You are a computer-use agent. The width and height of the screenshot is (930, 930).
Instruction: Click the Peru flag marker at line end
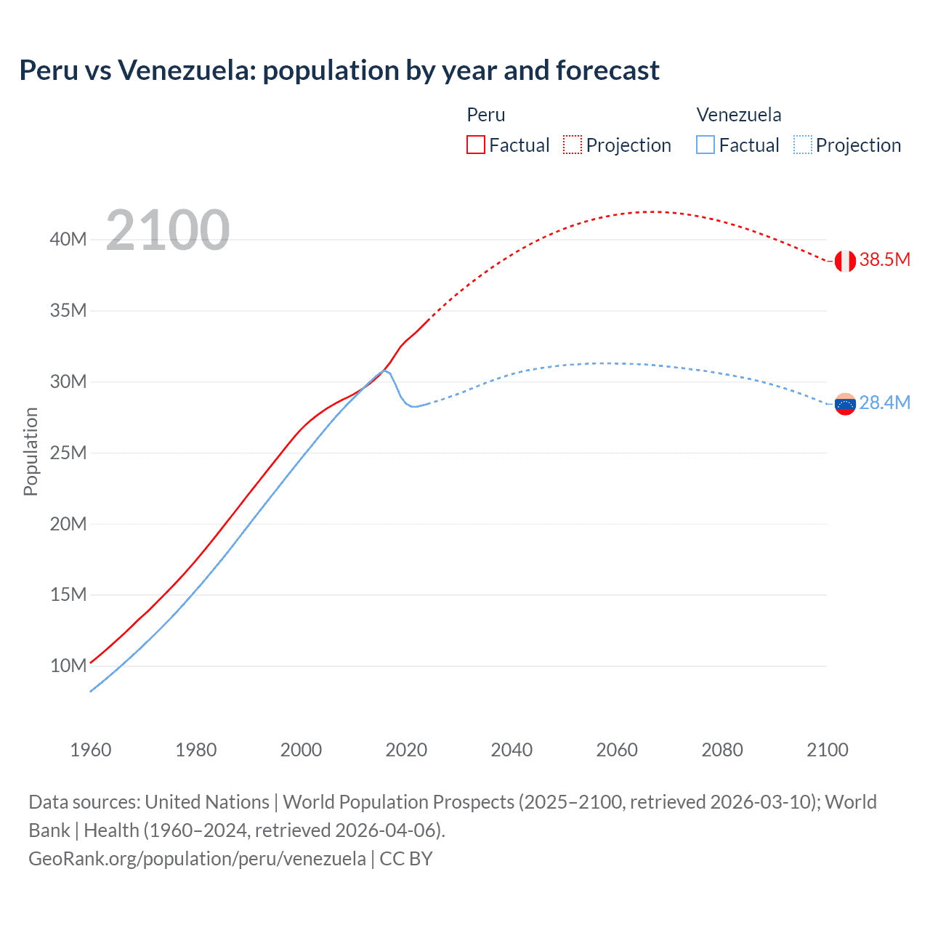[845, 261]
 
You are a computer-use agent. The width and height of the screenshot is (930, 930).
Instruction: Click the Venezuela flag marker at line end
[845, 404]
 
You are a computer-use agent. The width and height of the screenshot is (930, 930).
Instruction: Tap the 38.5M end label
[885, 260]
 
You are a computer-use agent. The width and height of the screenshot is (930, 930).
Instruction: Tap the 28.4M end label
[885, 403]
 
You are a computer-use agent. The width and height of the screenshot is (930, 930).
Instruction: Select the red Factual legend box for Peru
[476, 145]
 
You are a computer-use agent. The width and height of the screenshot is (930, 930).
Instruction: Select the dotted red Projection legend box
[573, 145]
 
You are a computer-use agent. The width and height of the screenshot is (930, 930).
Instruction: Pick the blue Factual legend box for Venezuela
[705, 145]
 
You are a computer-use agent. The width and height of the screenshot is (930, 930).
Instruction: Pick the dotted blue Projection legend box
[802, 145]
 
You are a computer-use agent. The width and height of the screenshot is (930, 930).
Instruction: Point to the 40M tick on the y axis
[68, 240]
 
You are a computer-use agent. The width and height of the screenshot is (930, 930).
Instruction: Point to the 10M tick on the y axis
[68, 666]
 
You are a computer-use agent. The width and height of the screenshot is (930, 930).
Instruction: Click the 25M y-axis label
[68, 453]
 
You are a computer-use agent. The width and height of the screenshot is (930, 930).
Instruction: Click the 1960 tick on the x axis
[91, 750]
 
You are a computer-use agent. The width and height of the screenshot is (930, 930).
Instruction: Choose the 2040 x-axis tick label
[511, 750]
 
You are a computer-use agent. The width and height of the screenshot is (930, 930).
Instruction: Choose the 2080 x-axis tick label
[722, 750]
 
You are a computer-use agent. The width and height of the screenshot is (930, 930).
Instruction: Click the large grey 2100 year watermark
[168, 231]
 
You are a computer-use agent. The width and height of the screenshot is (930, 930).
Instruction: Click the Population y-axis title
[31, 452]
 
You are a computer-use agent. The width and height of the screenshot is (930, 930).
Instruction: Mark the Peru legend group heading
[486, 115]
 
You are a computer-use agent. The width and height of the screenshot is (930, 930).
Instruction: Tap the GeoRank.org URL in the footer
[197, 859]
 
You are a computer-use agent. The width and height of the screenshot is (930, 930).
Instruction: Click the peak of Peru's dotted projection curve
[654, 211]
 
